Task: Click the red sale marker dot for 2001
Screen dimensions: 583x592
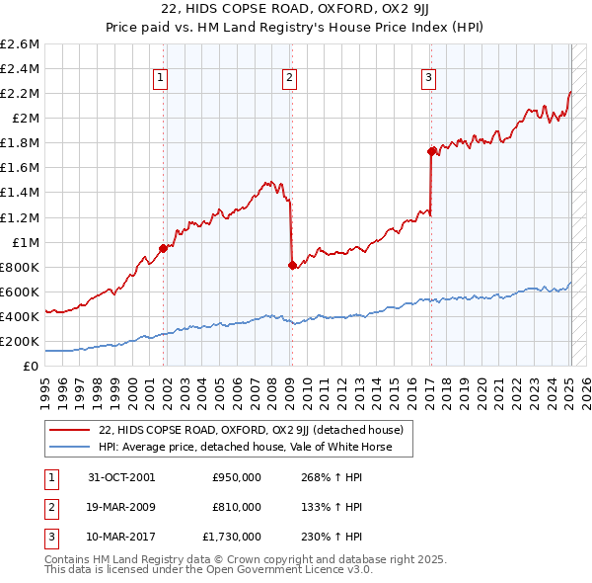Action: pyautogui.click(x=164, y=248)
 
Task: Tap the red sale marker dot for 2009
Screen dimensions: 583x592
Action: pyautogui.click(x=292, y=265)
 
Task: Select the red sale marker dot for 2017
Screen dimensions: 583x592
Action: pyautogui.click(x=431, y=151)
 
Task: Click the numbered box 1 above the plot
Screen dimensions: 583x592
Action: pyautogui.click(x=160, y=79)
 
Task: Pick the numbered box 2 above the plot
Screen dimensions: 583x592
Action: pyautogui.click(x=289, y=79)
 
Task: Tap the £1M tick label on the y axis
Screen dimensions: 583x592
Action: pyautogui.click(x=24, y=242)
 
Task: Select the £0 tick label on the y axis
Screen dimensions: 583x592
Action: pyautogui.click(x=33, y=366)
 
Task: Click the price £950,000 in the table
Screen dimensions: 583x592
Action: pyautogui.click(x=237, y=477)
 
